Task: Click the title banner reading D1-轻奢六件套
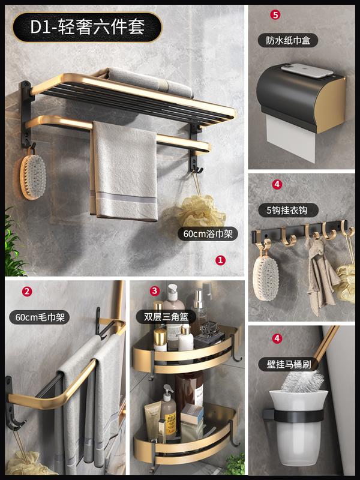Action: (x=87, y=27)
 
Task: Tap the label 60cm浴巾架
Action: (x=208, y=234)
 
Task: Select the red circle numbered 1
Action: (x=220, y=260)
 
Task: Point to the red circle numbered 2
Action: (x=27, y=292)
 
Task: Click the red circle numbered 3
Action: (x=155, y=291)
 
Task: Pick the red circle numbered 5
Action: (x=275, y=14)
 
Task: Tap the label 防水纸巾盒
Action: (x=288, y=40)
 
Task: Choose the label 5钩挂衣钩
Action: (x=288, y=211)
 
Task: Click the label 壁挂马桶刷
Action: (x=289, y=364)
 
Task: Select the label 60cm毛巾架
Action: (x=40, y=317)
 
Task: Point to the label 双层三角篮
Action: (x=166, y=317)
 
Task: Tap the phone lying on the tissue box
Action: (x=307, y=70)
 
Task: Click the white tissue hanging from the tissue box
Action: (x=290, y=139)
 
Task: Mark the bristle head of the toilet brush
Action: (x=302, y=381)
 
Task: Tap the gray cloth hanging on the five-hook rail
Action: (x=321, y=275)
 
